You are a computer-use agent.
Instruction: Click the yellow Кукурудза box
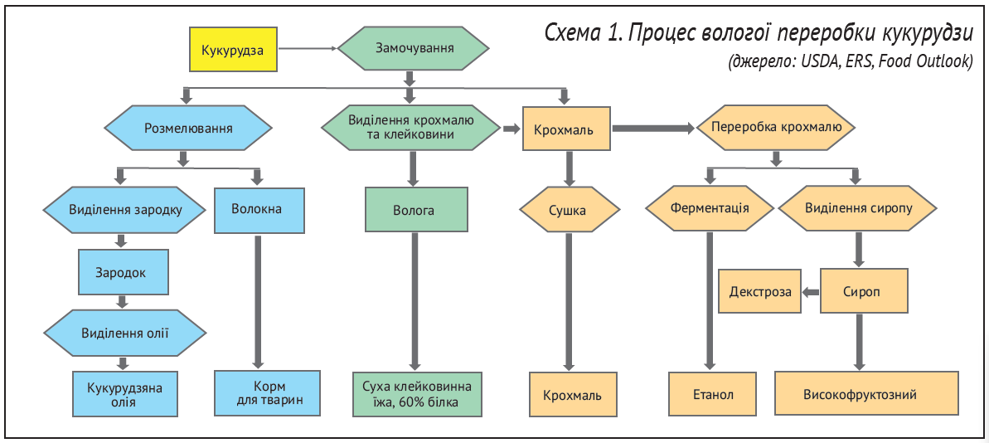coord(233,51)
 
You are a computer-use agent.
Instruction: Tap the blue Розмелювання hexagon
coord(188,129)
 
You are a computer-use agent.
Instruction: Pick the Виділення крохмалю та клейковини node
coord(410,127)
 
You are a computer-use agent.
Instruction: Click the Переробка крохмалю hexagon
coord(775,128)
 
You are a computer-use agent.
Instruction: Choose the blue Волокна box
coord(259,210)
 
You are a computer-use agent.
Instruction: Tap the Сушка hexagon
coord(570,210)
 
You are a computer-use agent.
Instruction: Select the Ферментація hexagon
coord(710,208)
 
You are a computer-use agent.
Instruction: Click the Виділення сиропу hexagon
coord(858,208)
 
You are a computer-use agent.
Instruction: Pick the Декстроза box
coord(759,291)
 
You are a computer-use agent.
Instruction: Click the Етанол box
coord(713,394)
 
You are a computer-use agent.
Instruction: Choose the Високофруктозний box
coord(865,394)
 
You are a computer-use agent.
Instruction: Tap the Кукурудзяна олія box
coord(124,393)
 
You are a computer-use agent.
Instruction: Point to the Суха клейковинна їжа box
coord(416,393)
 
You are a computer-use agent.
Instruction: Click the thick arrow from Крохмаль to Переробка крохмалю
coord(652,128)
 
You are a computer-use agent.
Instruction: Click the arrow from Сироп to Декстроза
coord(811,291)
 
